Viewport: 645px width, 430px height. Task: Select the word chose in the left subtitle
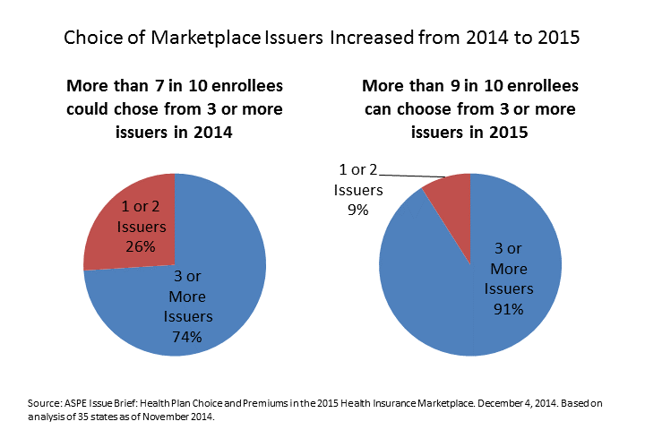click(x=143, y=110)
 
